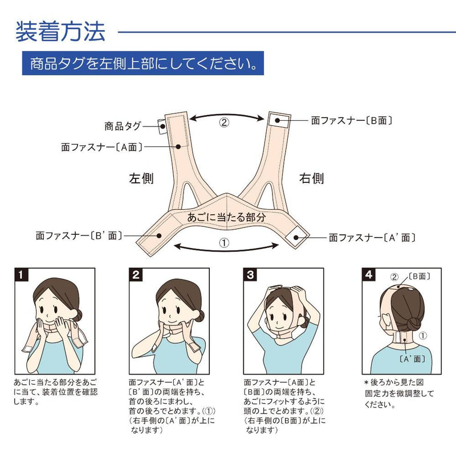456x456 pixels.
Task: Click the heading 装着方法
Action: [60, 31]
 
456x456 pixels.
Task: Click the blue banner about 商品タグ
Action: [143, 63]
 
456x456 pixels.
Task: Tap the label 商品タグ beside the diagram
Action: [123, 126]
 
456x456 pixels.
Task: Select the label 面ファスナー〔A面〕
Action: [102, 147]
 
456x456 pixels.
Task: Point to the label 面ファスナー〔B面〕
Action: [352, 120]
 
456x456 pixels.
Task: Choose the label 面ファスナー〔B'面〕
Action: [79, 235]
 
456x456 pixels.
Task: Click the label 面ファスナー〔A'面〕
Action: [372, 238]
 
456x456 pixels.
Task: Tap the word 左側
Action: [141, 178]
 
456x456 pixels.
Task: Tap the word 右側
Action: [311, 178]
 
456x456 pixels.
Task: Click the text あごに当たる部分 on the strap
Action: [226, 217]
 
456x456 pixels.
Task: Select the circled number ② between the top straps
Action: [224, 123]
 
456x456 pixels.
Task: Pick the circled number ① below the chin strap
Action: [224, 243]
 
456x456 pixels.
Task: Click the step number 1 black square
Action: [22, 275]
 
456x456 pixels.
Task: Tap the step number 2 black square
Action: [136, 275]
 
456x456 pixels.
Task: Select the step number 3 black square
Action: [250, 275]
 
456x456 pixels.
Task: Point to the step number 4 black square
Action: [369, 275]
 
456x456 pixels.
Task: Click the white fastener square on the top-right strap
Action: [279, 120]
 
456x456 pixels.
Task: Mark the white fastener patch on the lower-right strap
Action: [296, 237]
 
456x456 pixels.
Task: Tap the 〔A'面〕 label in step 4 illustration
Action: [412, 359]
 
